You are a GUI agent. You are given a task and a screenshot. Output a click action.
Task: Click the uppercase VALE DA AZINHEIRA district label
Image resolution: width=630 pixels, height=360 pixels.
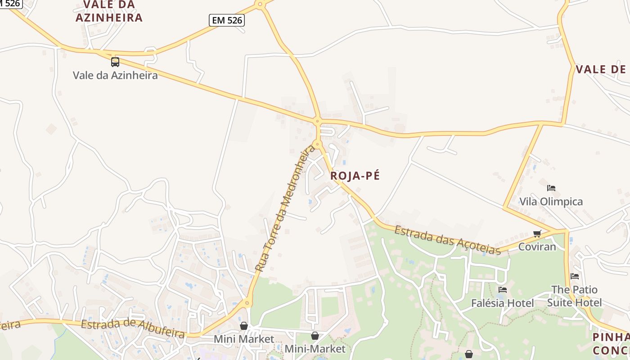pyautogui.click(x=109, y=11)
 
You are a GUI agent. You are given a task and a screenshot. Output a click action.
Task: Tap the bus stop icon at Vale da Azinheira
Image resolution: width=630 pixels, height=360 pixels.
pyautogui.click(x=115, y=62)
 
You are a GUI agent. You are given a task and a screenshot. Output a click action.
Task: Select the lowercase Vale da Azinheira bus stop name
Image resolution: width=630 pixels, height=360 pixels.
pyautogui.click(x=115, y=75)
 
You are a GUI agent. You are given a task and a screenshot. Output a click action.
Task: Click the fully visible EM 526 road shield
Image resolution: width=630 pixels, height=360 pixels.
pyautogui.click(x=226, y=20)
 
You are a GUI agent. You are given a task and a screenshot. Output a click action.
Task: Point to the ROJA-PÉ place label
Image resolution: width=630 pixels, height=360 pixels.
pyautogui.click(x=355, y=176)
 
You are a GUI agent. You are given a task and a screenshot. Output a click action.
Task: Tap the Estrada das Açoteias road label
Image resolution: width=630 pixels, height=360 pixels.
pyautogui.click(x=447, y=240)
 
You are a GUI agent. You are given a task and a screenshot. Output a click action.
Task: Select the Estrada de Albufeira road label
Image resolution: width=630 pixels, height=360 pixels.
pyautogui.click(x=133, y=328)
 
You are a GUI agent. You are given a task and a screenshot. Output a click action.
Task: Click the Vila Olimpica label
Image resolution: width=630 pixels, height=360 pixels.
pyautogui.click(x=551, y=202)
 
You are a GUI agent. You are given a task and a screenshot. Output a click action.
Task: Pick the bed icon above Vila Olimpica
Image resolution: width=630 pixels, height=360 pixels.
pyautogui.click(x=551, y=188)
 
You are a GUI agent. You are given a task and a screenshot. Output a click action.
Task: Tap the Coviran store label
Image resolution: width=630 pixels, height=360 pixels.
pyautogui.click(x=537, y=247)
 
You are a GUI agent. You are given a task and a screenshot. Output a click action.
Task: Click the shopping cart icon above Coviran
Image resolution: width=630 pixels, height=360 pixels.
pyautogui.click(x=536, y=234)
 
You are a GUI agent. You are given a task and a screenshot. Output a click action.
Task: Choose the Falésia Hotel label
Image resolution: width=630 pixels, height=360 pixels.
pyautogui.click(x=502, y=303)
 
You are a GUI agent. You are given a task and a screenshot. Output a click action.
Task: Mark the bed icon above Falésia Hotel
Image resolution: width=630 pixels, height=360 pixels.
pyautogui.click(x=502, y=289)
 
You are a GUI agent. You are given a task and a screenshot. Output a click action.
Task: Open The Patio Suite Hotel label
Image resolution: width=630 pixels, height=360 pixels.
pyautogui.click(x=574, y=296)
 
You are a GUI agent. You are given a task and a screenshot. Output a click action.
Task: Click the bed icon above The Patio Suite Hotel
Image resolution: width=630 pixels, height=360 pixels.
pyautogui.click(x=574, y=276)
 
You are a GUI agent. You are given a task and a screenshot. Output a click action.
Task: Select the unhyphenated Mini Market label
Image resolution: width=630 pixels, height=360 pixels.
pyautogui.click(x=243, y=339)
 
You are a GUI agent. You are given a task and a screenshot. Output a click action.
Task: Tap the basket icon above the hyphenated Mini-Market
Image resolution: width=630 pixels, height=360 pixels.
pyautogui.click(x=315, y=336)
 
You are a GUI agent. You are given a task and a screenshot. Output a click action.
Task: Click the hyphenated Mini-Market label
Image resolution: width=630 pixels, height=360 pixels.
pyautogui.click(x=315, y=349)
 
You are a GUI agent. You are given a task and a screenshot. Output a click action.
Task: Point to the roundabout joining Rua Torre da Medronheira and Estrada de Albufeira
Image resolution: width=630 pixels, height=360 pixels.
pyautogui.click(x=247, y=303)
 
